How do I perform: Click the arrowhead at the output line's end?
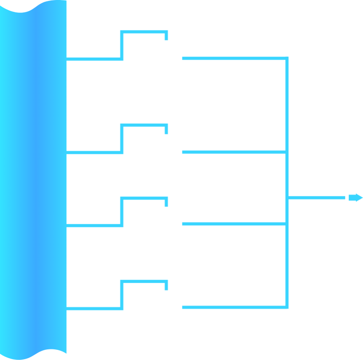tap(355, 198)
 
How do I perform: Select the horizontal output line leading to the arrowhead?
tap(317, 198)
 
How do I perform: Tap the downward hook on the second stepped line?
tap(166, 130)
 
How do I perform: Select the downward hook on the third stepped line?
tap(166, 203)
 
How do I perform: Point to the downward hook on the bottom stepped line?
tap(166, 286)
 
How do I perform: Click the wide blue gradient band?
tap(33, 177)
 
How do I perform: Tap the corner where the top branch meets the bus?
tap(287, 58)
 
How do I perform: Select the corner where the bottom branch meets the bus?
tap(287, 307)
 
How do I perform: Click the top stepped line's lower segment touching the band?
tap(93, 59)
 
